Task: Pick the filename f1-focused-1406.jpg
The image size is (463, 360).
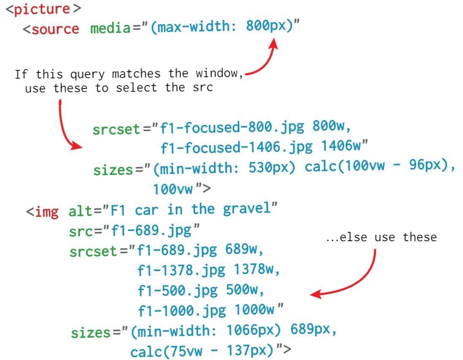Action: (x=237, y=148)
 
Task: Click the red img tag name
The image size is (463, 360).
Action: (x=46, y=211)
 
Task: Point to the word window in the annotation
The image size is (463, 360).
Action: (x=219, y=74)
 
